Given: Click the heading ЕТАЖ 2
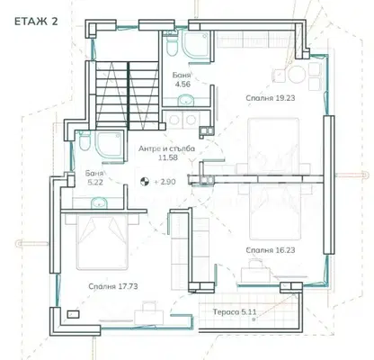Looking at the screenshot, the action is coord(36,22).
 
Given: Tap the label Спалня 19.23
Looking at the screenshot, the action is coord(271,98).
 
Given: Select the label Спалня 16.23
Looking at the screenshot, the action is coord(271,250).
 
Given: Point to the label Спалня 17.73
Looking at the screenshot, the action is coord(113,286).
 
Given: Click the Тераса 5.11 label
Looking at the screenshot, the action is coord(235,312).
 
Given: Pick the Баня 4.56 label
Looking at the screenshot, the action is coord(183,79).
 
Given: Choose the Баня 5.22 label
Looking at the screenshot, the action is coord(94,177).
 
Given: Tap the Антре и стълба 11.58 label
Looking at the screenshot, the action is coord(166,153).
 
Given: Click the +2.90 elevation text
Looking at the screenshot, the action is coord(165,182).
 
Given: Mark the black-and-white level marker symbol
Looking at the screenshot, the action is coord(145,181).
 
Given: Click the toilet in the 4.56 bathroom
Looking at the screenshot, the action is coord(172,45).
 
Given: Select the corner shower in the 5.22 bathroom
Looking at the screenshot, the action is coord(110,145).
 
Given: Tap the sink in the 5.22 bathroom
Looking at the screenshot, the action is coord(99,202).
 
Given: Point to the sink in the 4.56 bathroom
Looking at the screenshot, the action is coord(186,100).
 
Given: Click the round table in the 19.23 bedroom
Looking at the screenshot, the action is coord(297,74).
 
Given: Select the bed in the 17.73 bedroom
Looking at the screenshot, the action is coord(102,241).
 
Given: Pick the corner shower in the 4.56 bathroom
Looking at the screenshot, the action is coord(198,45).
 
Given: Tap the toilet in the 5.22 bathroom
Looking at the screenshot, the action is coord(85,140).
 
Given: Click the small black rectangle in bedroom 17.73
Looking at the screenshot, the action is coord(73,314).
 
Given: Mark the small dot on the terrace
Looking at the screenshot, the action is coord(254,319).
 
